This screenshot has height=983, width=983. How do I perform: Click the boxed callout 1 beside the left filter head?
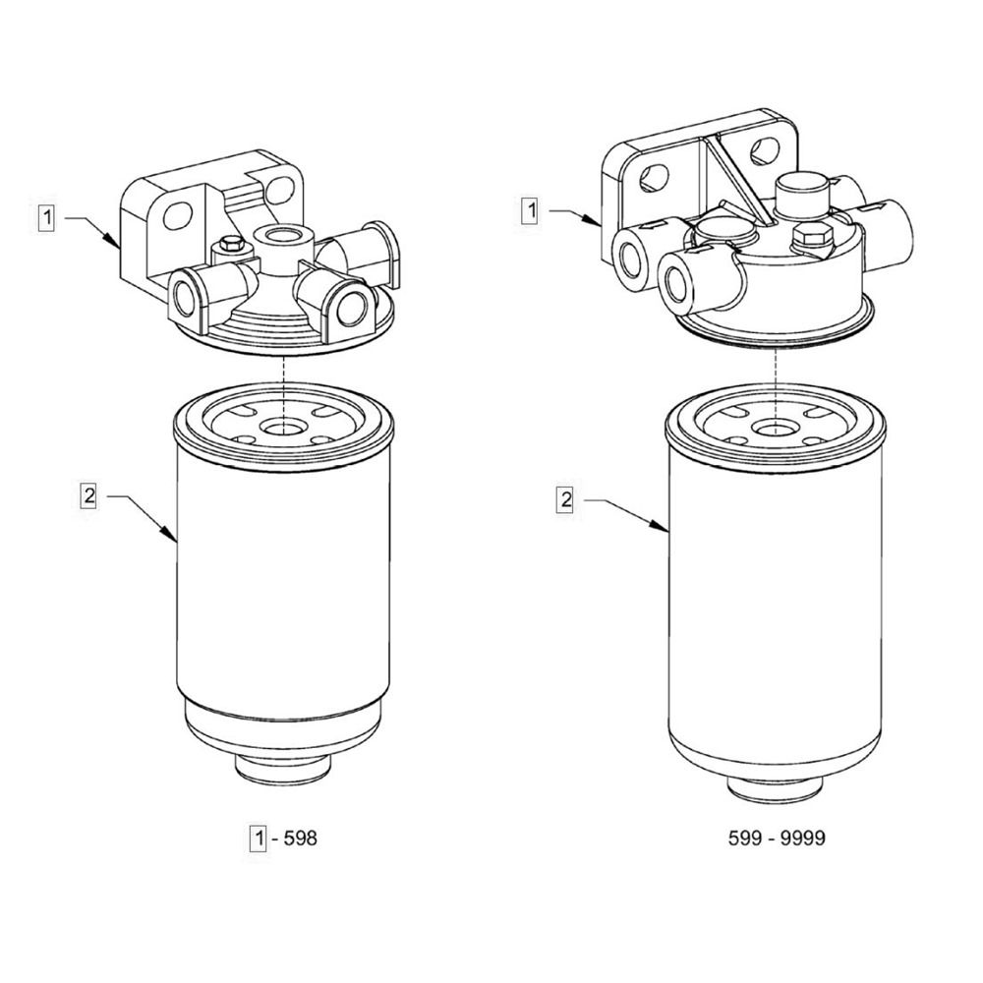pos(46,219)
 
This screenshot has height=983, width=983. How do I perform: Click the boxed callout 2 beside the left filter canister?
pos(89,495)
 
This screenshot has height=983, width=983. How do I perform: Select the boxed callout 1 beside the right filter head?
pos(531,210)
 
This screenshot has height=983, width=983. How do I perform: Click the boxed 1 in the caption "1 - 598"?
pos(259,838)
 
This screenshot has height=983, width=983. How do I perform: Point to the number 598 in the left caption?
pos(300,838)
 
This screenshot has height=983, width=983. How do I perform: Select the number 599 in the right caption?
pos(745,838)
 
